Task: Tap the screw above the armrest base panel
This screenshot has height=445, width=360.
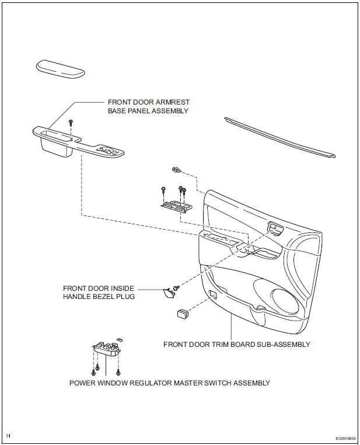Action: click(71, 123)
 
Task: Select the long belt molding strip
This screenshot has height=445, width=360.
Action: click(280, 137)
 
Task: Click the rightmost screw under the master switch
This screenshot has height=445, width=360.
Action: click(118, 371)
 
